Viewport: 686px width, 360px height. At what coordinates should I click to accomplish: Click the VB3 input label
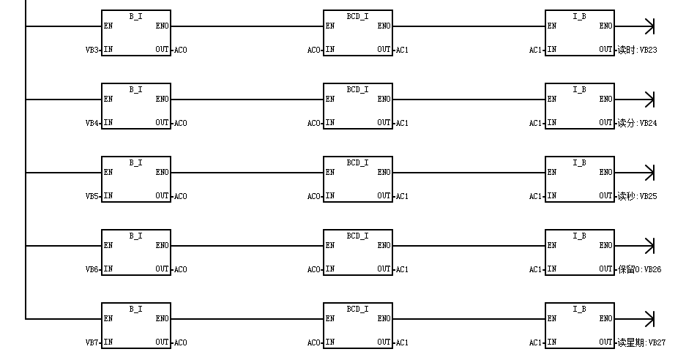[92, 50]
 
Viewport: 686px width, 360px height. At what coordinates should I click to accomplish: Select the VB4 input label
[92, 123]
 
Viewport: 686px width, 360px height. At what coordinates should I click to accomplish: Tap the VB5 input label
[92, 196]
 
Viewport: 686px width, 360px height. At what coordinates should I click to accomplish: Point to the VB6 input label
[92, 269]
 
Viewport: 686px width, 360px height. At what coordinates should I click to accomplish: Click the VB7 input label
[92, 342]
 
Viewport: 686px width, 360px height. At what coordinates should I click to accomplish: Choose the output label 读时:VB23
[638, 50]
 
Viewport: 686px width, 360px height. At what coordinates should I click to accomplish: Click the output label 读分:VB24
[638, 123]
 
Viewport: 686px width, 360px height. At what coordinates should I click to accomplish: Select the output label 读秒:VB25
[638, 196]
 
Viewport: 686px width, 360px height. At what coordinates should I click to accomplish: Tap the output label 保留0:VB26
[640, 269]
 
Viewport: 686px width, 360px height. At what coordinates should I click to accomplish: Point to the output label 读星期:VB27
[642, 342]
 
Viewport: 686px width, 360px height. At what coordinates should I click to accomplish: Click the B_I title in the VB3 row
[135, 17]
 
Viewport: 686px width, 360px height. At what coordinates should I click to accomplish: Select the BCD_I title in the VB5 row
[357, 162]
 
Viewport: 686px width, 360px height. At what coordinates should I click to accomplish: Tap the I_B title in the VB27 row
[579, 310]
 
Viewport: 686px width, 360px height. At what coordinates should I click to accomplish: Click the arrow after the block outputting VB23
[634, 26]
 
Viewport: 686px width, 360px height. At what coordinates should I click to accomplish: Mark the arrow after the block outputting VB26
[634, 246]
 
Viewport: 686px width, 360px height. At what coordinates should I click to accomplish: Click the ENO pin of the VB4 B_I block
[162, 100]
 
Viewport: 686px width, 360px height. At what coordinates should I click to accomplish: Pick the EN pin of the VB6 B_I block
[108, 245]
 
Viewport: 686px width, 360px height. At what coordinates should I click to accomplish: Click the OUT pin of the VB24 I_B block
[605, 122]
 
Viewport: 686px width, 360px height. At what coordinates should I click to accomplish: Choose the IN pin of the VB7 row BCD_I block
[330, 342]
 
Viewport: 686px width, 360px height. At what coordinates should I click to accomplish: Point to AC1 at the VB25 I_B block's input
[535, 196]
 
